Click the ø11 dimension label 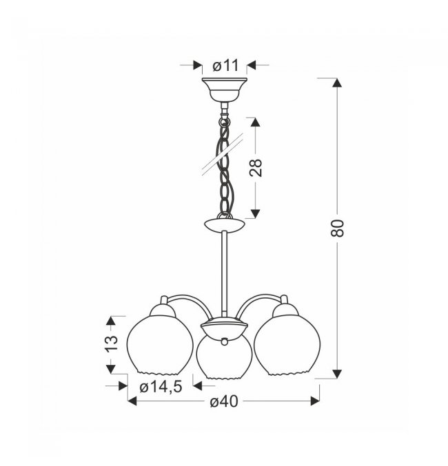click(225, 65)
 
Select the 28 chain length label click(256, 168)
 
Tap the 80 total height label click(337, 228)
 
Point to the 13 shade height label click(112, 343)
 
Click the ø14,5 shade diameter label click(161, 387)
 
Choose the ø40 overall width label click(224, 402)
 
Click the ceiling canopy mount click(225, 89)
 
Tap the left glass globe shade click(160, 346)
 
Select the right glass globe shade click(287, 346)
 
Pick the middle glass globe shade click(225, 359)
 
